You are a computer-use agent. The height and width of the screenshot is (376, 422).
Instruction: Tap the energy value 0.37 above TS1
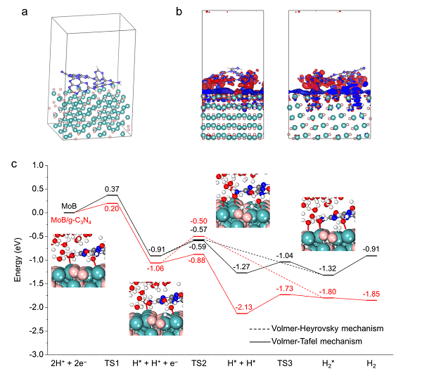tap(110, 190)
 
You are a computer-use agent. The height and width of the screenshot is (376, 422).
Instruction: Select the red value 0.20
tap(110, 207)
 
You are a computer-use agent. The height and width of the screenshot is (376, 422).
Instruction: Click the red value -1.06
tap(155, 268)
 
